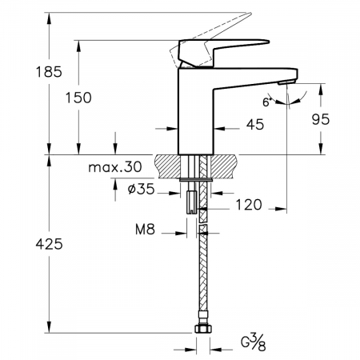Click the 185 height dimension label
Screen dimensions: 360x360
pyautogui.click(x=49, y=72)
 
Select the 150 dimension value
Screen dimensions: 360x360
pyautogui.click(x=78, y=98)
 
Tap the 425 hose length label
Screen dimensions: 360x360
pyautogui.click(x=50, y=244)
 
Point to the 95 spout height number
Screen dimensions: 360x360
pyautogui.click(x=321, y=119)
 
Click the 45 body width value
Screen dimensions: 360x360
pyautogui.click(x=255, y=125)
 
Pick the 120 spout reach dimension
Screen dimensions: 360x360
pyautogui.click(x=249, y=205)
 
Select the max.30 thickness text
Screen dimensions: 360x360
pyautogui.click(x=115, y=167)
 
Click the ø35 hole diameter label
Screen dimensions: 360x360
pyautogui.click(x=141, y=189)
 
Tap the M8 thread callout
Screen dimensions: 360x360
pyautogui.click(x=145, y=229)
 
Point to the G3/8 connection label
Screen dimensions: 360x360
pyautogui.click(x=254, y=342)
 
